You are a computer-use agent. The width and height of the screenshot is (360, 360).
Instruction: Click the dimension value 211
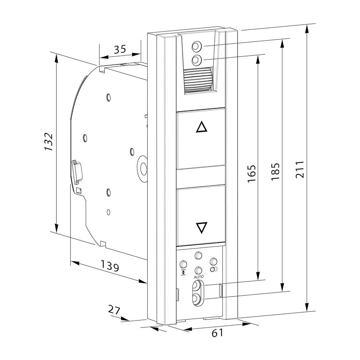[x=300, y=169]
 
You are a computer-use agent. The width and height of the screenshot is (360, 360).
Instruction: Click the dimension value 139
[x=110, y=266]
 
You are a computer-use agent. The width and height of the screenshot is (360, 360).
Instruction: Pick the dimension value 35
[x=120, y=49]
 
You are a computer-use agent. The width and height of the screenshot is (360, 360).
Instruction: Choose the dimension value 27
[x=114, y=310]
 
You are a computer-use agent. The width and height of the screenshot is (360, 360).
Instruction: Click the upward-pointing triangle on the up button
[x=201, y=128]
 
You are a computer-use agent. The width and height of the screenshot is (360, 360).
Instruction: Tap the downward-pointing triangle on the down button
[x=201, y=228]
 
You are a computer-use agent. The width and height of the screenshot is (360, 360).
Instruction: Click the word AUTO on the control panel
[x=198, y=277]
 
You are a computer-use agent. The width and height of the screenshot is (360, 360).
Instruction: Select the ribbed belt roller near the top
[x=198, y=80]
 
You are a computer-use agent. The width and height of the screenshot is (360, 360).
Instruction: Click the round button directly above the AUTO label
[x=198, y=270]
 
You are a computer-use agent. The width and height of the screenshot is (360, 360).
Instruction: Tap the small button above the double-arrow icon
[x=183, y=264]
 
